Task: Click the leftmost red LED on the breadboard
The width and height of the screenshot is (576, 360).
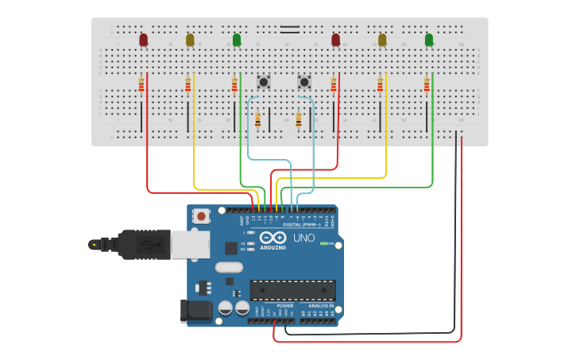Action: (x=143, y=40)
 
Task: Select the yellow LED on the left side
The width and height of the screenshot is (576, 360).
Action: (x=190, y=40)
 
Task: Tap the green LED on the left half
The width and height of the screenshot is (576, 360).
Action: (x=236, y=40)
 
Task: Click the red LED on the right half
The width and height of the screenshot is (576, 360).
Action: (x=335, y=40)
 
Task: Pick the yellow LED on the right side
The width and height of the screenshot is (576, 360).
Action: (x=382, y=40)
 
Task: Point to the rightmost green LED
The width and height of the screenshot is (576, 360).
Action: (x=429, y=40)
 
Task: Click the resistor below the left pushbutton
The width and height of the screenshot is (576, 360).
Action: (x=257, y=119)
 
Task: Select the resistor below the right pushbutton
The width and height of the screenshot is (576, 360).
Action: (x=299, y=119)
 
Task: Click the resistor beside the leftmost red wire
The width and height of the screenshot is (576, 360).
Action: (x=141, y=84)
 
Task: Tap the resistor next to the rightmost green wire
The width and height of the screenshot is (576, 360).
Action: (x=427, y=84)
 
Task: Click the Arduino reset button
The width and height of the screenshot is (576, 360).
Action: (x=202, y=215)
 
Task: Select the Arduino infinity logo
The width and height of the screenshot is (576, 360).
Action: (x=273, y=238)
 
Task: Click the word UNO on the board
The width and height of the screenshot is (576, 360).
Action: (x=304, y=238)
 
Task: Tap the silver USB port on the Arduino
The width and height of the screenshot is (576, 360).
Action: (x=190, y=245)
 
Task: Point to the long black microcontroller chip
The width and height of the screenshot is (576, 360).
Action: (x=292, y=291)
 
